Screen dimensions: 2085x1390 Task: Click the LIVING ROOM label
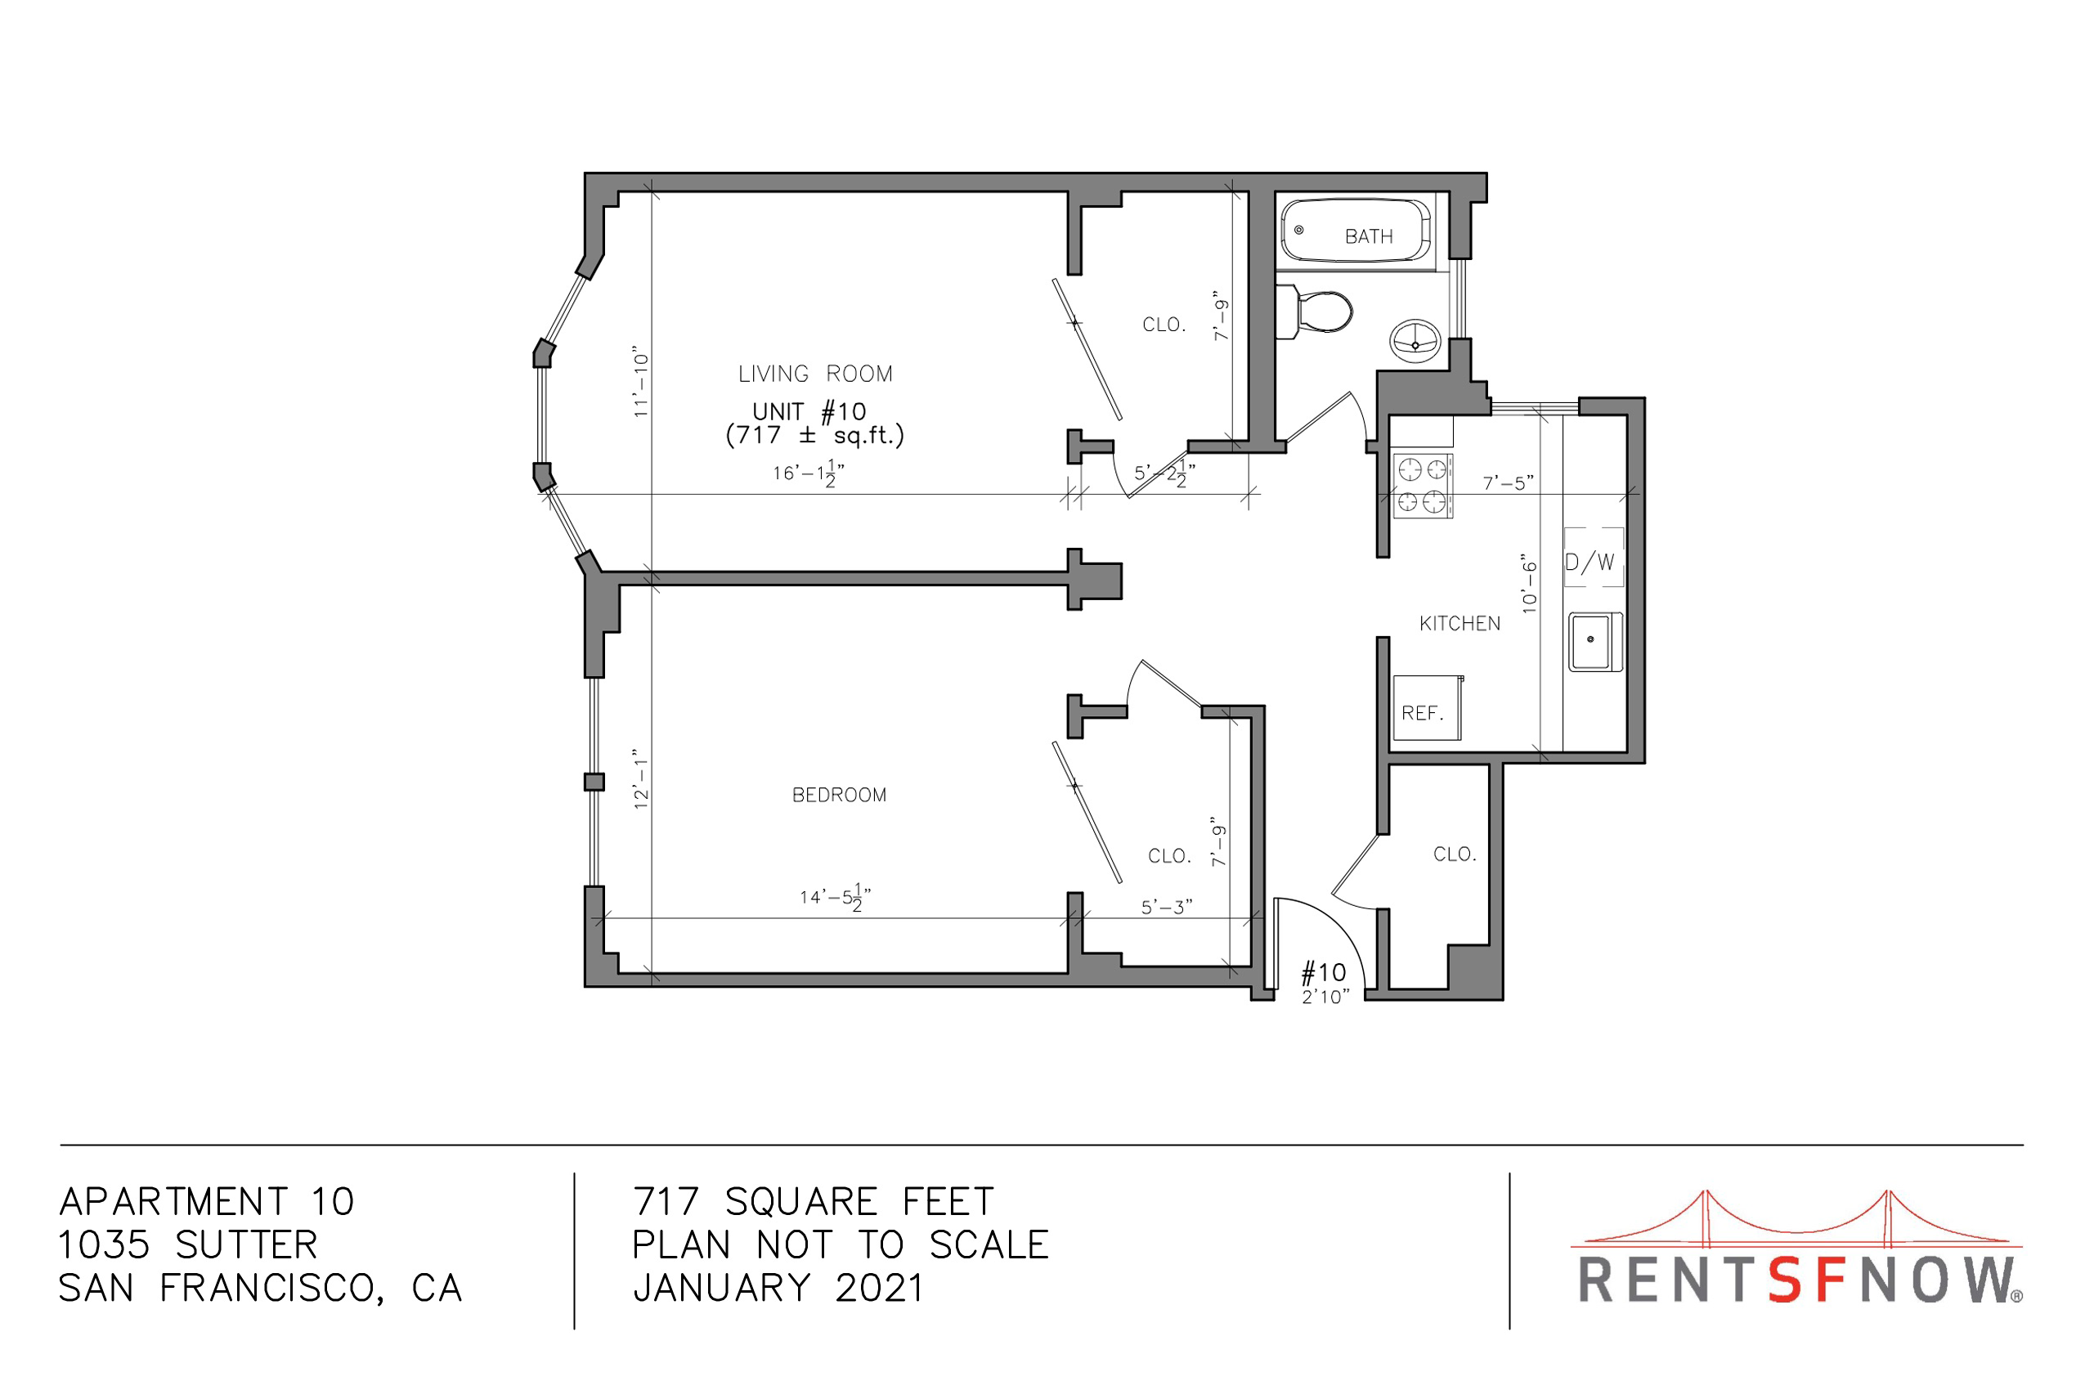(815, 374)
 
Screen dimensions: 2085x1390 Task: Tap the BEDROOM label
(840, 796)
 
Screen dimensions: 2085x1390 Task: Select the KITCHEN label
(1460, 624)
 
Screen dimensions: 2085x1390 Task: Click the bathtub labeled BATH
(1356, 231)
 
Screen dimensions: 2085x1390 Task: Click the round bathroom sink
(1415, 341)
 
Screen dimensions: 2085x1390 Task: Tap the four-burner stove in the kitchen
(1423, 485)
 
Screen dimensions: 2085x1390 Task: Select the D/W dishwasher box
(1593, 558)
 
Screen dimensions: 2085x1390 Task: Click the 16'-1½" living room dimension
(809, 474)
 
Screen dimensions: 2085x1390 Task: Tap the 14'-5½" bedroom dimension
(835, 898)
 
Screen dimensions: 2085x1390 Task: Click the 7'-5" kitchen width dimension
(1508, 483)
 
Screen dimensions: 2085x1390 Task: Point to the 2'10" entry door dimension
(1325, 998)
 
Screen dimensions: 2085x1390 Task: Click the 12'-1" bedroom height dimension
(641, 779)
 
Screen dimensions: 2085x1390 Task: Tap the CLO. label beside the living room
(1164, 325)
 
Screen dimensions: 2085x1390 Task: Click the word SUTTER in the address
(246, 1245)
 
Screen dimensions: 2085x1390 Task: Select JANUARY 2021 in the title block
(778, 1288)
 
